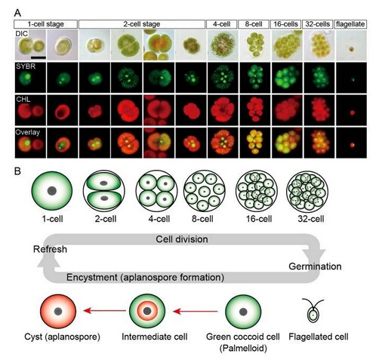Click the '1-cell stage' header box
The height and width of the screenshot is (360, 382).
[45, 24]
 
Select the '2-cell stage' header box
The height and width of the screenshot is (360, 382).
[142, 24]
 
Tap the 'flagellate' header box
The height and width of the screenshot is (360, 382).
[350, 24]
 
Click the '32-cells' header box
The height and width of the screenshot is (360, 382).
[318, 24]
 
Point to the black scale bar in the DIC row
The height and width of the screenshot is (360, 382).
[39, 57]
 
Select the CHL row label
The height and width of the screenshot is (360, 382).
[23, 100]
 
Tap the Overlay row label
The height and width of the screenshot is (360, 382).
[28, 132]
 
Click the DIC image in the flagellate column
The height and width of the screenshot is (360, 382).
[351, 45]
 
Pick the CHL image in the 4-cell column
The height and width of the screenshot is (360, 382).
[223, 110]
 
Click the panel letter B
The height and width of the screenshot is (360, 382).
[17, 171]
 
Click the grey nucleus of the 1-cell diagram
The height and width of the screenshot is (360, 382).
[52, 191]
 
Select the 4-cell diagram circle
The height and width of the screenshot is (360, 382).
[156, 191]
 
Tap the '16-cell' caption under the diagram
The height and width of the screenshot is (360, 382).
[259, 219]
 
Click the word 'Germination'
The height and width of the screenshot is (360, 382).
[315, 266]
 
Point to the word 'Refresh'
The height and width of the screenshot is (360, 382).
[50, 249]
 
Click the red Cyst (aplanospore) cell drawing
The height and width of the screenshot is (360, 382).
[58, 312]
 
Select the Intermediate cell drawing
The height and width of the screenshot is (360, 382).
[147, 312]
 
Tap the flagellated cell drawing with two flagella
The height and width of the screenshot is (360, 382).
[313, 310]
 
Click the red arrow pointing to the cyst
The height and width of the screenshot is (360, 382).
[105, 311]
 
